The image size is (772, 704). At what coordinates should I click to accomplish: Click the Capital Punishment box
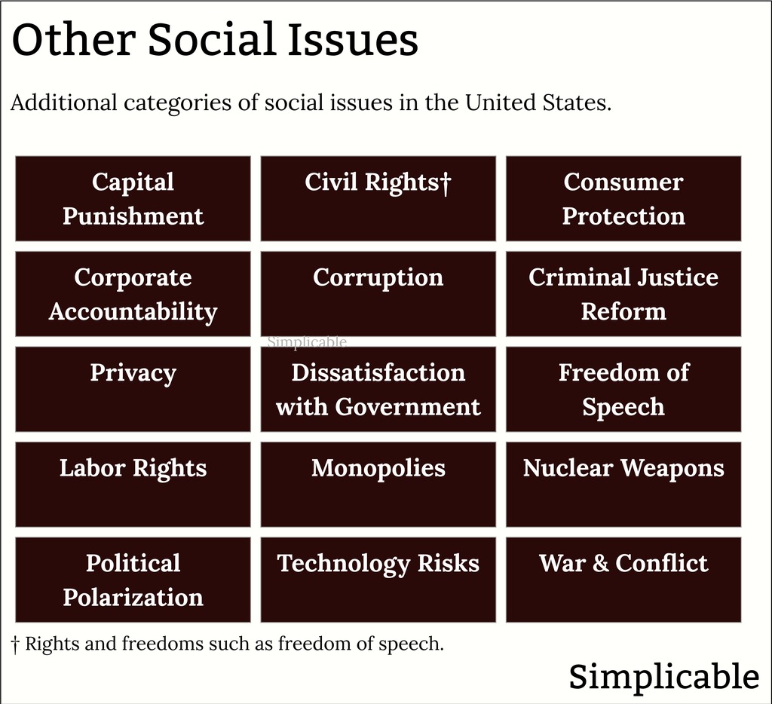133,199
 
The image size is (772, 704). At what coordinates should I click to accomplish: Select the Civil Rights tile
378,199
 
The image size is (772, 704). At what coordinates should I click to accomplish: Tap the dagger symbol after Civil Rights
446,183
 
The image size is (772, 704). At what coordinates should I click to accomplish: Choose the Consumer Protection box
623,199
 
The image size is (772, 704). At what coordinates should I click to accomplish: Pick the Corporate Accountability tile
133,294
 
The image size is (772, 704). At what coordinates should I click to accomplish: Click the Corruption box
378,294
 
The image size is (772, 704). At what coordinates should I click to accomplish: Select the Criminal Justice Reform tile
623,294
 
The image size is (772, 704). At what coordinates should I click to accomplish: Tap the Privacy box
133,390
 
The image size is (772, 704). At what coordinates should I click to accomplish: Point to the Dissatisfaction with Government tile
378,390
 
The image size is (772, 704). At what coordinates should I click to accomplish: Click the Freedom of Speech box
623,390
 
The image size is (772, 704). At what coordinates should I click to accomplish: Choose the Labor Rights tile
133,485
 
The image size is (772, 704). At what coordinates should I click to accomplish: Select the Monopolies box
378,485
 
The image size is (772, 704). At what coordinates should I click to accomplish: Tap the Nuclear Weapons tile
623,485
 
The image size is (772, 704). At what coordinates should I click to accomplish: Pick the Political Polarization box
133,580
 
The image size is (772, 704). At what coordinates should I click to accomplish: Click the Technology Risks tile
378,580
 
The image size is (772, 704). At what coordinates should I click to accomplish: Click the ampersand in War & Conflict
601,563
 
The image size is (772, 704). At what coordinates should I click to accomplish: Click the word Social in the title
212,39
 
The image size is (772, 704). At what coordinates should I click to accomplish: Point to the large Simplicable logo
664,676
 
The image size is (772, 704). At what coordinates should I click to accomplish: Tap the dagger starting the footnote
15,644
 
